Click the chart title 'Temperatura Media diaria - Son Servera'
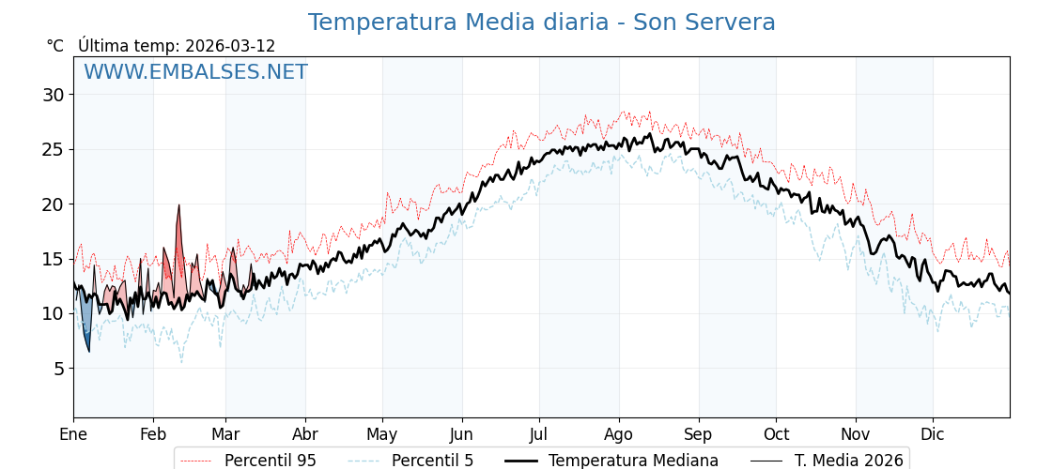pyautogui.click(x=541, y=23)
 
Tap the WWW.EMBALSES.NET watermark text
pyautogui.click(x=195, y=72)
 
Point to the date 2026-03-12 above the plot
pyautogui.click(x=230, y=46)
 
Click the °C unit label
pyautogui.click(x=54, y=46)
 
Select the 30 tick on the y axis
pyautogui.click(x=53, y=95)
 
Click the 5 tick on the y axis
pyautogui.click(x=58, y=369)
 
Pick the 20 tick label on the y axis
pyautogui.click(x=53, y=204)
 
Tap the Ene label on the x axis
pyautogui.click(x=73, y=434)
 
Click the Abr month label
pyautogui.click(x=305, y=434)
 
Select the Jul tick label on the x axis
pyautogui.click(x=539, y=434)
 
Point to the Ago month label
pyautogui.click(x=619, y=434)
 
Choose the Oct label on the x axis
pyautogui.click(x=776, y=434)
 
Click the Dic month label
pyautogui.click(x=933, y=434)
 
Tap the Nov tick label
pyautogui.click(x=856, y=434)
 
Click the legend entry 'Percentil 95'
pyautogui.click(x=270, y=461)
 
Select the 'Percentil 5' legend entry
pyautogui.click(x=432, y=461)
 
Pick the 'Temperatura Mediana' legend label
pyautogui.click(x=633, y=461)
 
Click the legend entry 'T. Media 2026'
pyautogui.click(x=848, y=461)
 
